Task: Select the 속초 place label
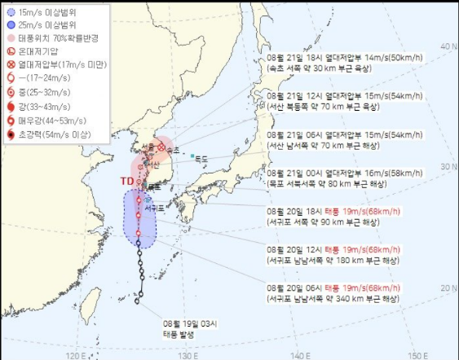(171, 150)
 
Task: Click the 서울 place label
(148, 147)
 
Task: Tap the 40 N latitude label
(448, 46)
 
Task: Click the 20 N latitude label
(448, 288)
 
